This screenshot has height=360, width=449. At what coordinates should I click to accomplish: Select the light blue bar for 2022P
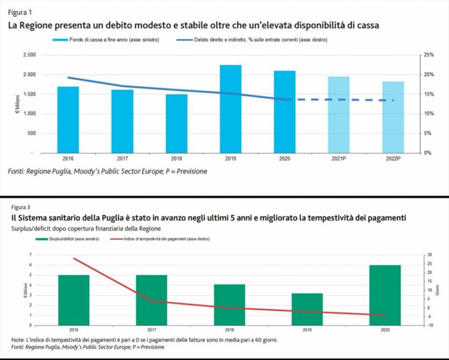point(394,117)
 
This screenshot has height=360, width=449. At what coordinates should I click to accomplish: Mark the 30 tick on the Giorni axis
point(428,255)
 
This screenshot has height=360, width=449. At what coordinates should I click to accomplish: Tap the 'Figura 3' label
point(21,208)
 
